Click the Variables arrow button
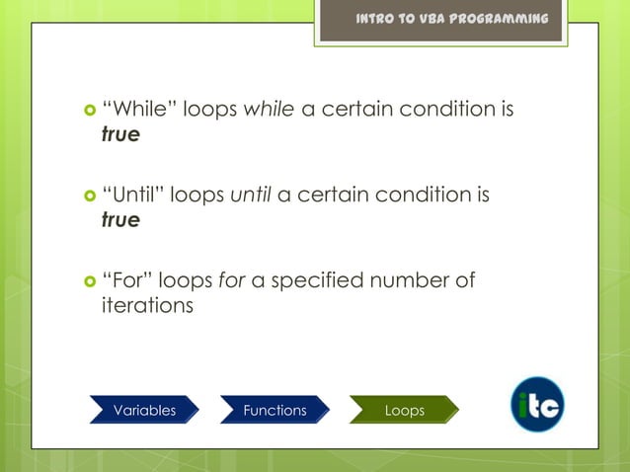[x=144, y=410]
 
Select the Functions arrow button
[x=275, y=410]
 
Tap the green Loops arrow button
[x=404, y=410]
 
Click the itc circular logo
[x=537, y=405]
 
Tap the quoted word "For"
[x=126, y=281]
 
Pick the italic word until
[x=251, y=196]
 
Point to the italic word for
[x=232, y=281]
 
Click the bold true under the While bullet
[x=120, y=135]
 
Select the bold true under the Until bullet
[x=120, y=220]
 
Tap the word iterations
[x=147, y=306]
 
